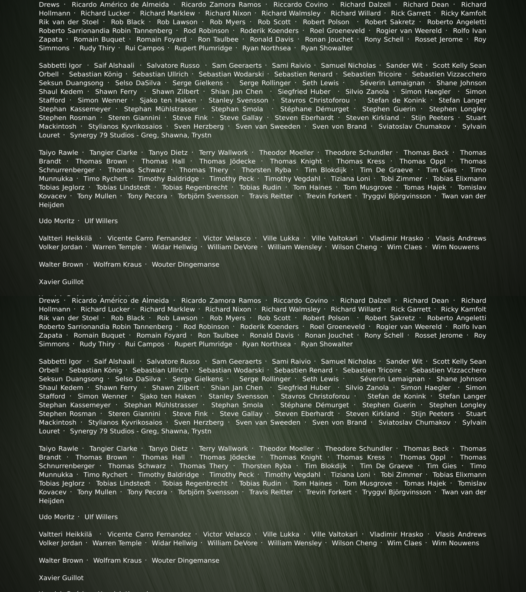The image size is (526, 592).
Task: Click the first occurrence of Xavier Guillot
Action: [x=61, y=282]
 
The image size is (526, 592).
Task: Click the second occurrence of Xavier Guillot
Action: [x=61, y=578]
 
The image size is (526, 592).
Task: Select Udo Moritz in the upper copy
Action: [x=56, y=221]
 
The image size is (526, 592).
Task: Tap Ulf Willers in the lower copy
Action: [x=101, y=517]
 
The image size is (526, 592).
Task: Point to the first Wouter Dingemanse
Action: [x=185, y=264]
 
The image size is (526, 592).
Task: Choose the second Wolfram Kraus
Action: [x=117, y=560]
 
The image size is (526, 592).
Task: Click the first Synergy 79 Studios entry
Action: [x=140, y=135]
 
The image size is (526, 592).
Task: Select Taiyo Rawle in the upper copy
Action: [x=59, y=153]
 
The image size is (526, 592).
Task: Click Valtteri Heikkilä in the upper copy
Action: [x=65, y=238]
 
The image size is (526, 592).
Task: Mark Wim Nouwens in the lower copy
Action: [x=455, y=543]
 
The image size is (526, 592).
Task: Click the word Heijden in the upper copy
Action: [x=51, y=205]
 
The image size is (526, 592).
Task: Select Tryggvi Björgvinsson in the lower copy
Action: [x=396, y=492]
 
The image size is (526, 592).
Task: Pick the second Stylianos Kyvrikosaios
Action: [x=125, y=423]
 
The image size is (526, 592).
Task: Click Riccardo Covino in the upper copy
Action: [x=300, y=5]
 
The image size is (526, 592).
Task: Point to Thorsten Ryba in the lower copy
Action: [x=266, y=466]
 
